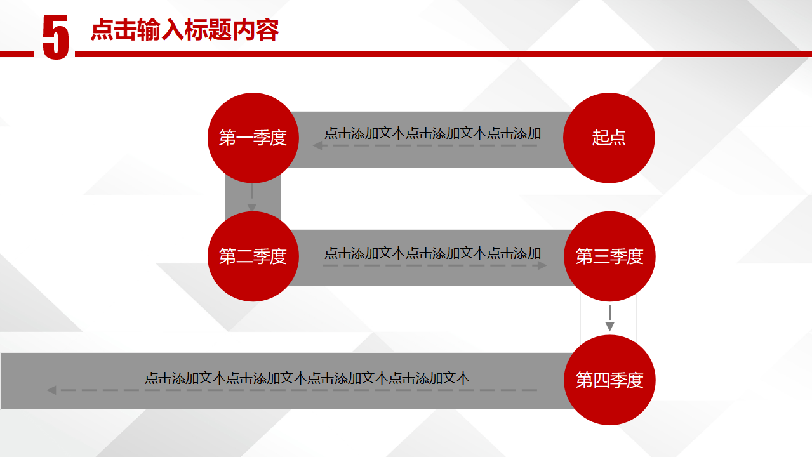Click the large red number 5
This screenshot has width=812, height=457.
tap(55, 37)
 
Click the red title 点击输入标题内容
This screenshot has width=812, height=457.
tap(185, 30)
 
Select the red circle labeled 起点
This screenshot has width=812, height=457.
tap(609, 138)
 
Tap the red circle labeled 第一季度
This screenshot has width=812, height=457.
tap(253, 138)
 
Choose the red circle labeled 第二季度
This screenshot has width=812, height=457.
tap(253, 256)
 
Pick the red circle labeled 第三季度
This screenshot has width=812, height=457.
tap(609, 256)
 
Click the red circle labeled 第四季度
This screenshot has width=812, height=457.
tap(609, 380)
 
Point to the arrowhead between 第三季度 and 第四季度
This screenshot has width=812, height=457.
tap(609, 326)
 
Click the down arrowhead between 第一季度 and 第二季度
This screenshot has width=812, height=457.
tap(252, 208)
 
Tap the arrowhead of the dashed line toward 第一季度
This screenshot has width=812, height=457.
tap(317, 145)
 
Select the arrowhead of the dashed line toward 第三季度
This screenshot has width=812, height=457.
tap(542, 266)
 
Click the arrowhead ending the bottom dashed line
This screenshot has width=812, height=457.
tap(51, 390)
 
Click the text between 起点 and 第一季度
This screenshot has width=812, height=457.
tap(432, 133)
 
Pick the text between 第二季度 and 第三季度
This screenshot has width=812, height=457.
tap(432, 253)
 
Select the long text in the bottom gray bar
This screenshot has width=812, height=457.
tap(307, 378)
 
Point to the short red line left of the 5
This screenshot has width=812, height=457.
tap(17, 55)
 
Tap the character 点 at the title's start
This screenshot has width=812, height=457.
tap(102, 30)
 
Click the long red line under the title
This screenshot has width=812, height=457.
tap(443, 54)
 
